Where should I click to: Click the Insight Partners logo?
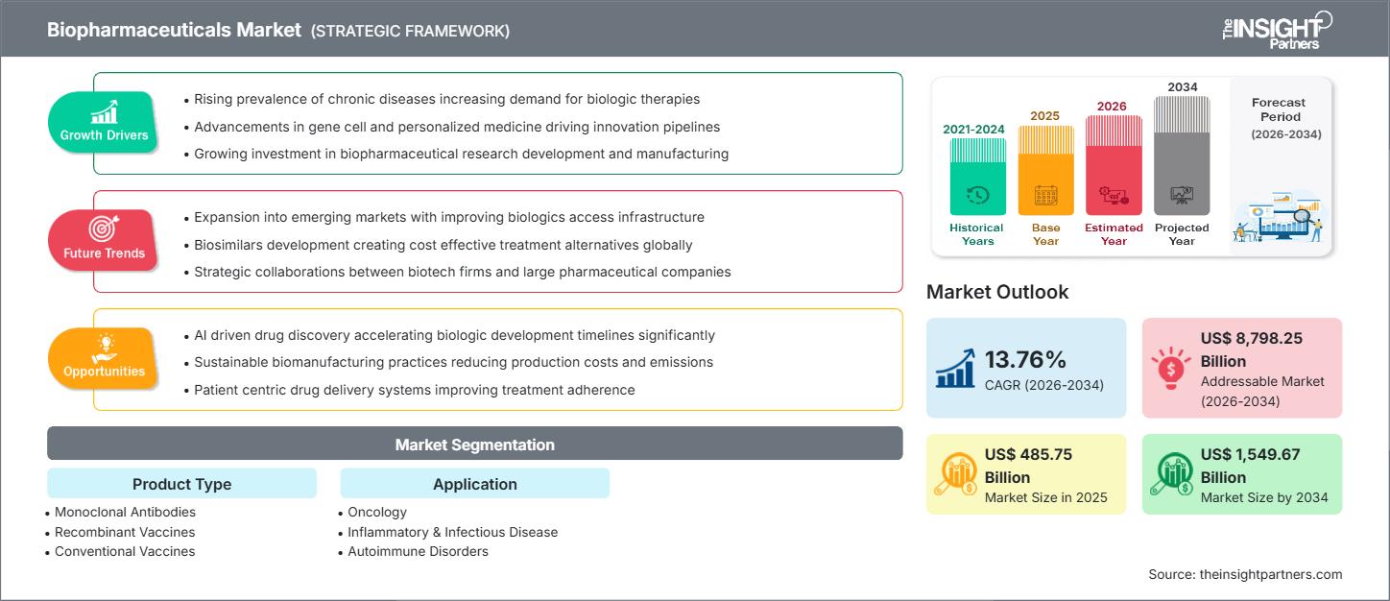(1276, 29)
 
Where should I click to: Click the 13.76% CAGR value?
(1025, 359)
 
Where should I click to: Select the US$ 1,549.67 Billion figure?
(1251, 466)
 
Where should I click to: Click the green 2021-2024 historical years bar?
(977, 177)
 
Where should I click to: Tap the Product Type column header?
(181, 484)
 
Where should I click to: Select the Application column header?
(474, 484)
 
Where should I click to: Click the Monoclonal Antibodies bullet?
(125, 512)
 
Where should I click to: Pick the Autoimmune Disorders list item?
(418, 551)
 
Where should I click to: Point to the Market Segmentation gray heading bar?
(474, 445)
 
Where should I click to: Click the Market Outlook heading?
(997, 292)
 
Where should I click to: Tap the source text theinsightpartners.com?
(1245, 574)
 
